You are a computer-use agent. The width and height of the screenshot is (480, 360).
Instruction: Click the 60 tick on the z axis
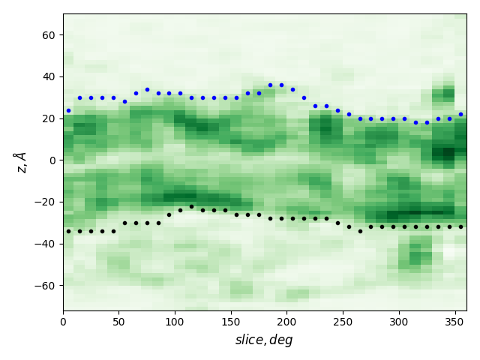coord(63,34)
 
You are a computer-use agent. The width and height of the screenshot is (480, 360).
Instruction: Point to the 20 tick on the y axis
coord(63,118)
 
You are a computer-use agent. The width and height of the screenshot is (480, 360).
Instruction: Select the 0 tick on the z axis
coord(63,160)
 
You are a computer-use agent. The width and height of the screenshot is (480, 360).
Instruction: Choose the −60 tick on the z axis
coord(63,285)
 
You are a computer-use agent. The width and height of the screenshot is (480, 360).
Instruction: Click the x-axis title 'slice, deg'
coord(264,340)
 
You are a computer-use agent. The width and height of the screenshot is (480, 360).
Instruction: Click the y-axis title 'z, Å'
coord(20,162)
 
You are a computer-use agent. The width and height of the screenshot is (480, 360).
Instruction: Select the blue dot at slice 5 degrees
coord(68,110)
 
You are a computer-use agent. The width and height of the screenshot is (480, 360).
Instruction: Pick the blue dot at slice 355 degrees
coord(460,114)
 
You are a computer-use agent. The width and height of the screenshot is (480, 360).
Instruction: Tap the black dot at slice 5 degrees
coord(68,231)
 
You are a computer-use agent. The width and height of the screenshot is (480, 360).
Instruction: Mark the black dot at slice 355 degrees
coord(460,226)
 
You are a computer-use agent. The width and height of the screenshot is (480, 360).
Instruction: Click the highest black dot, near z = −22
coord(191,206)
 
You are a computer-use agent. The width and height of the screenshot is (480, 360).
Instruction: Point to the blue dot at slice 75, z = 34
coord(147,89)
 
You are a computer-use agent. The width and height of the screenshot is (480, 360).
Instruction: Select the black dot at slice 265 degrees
coord(360,231)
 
